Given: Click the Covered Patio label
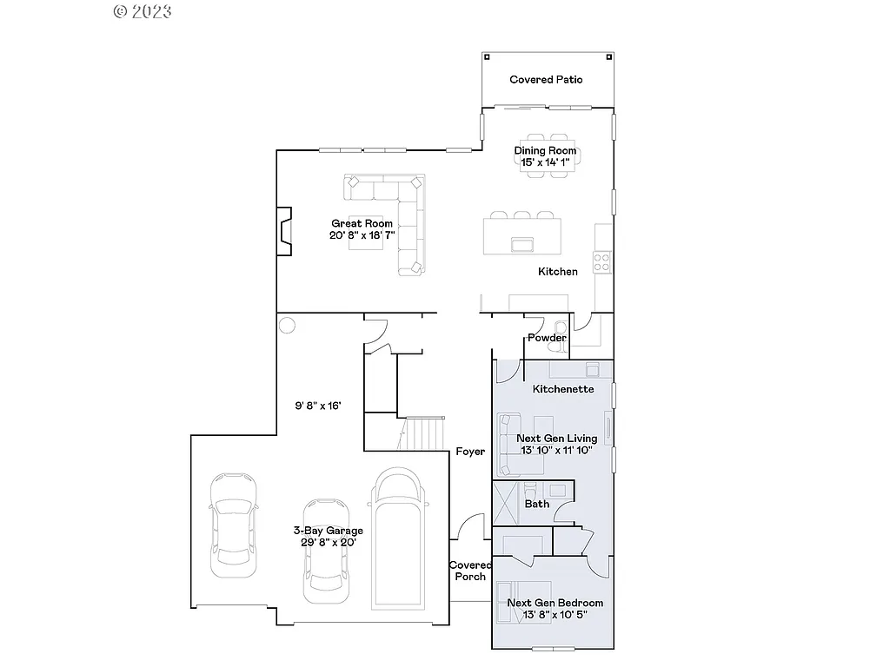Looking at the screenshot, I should [x=546, y=80].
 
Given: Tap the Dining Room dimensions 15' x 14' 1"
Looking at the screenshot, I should [x=546, y=162].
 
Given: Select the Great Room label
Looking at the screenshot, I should [x=362, y=223].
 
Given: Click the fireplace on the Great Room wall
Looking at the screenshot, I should [x=284, y=231].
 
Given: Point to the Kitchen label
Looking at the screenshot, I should [x=557, y=272].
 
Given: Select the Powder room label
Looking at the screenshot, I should [x=547, y=338].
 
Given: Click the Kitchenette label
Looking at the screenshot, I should [x=563, y=389].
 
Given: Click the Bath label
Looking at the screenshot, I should [x=537, y=504].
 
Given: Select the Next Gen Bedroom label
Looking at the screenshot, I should [x=555, y=603].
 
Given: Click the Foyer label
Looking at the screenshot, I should [x=470, y=452].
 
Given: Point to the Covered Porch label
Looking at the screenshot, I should [x=469, y=571].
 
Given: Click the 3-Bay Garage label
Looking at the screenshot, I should [x=328, y=531].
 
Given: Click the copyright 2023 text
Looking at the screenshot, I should [x=143, y=11].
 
